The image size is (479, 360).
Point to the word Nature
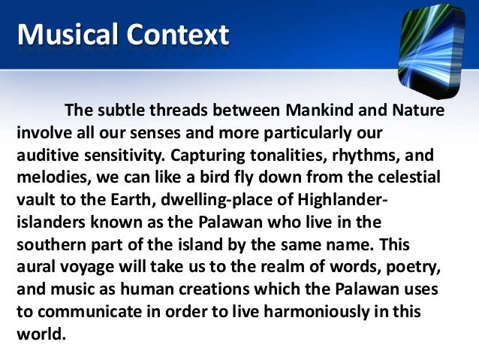click(x=418, y=111)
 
